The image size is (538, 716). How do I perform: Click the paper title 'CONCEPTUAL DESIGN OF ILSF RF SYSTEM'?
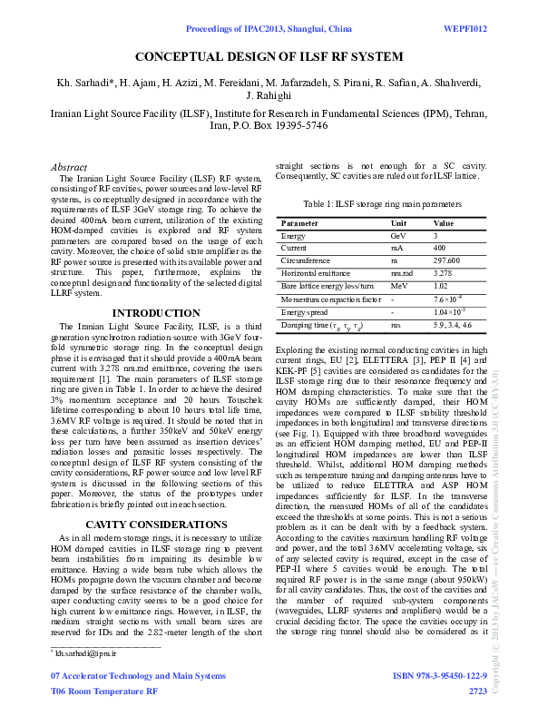269,56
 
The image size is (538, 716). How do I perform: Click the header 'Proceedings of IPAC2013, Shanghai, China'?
269,29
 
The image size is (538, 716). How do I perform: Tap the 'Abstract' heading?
69,168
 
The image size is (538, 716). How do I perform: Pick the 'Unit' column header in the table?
398,222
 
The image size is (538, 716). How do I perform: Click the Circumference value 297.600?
448,260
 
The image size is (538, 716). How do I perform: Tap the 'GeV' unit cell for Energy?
398,235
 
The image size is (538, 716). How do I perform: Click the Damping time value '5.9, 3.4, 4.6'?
453,324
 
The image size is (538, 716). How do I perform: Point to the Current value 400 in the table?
440,247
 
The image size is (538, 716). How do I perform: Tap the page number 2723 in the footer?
477,691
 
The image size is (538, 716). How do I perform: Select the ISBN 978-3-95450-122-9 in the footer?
439,677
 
